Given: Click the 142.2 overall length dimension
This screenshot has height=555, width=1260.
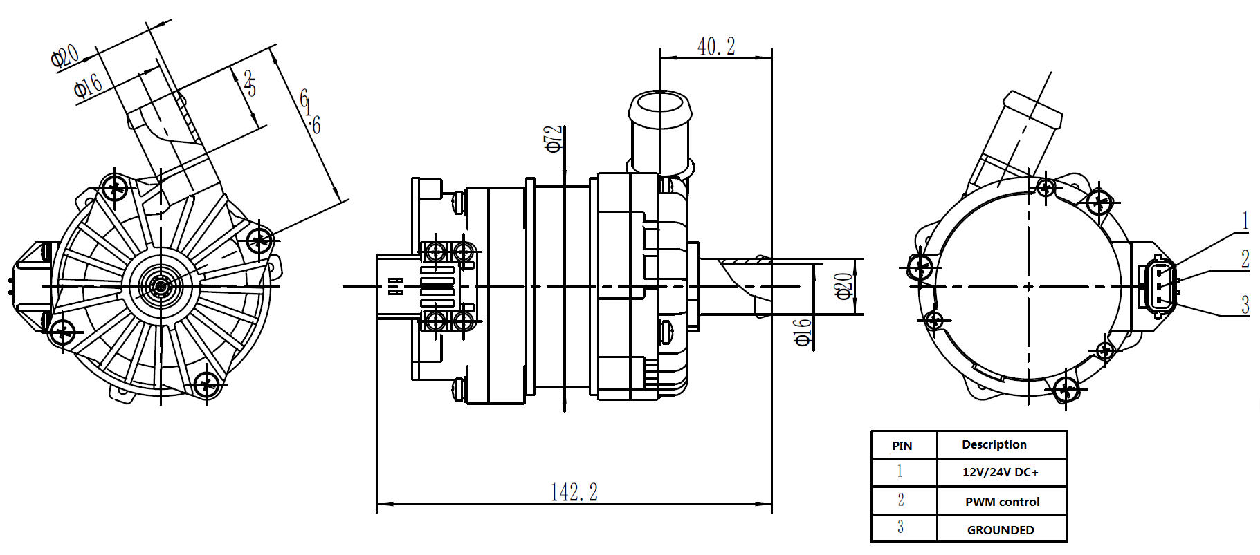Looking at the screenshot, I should tap(574, 492).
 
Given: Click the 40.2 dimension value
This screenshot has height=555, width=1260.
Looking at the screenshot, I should tap(716, 47).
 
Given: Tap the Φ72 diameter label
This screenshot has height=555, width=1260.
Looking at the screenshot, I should tap(553, 138).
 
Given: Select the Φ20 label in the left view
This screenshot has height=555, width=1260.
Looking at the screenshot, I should tap(65, 56).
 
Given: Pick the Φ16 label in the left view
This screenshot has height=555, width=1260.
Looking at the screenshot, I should tap(88, 86).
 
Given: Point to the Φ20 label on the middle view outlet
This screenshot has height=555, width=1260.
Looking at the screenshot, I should tap(843, 286).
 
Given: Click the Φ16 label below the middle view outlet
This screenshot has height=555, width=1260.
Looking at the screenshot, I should tap(803, 332).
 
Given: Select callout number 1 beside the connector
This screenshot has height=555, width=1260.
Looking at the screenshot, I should tap(1245, 221).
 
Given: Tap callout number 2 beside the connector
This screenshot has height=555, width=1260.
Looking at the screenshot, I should tap(1245, 259).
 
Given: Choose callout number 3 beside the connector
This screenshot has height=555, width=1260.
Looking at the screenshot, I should tap(1245, 305).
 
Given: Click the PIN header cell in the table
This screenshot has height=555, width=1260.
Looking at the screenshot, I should tap(902, 446).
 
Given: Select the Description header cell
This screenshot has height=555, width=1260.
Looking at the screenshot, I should tap(994, 444).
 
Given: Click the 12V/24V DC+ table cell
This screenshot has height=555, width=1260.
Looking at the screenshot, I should tap(1001, 473).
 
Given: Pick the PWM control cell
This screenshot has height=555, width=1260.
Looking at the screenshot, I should tap(1002, 502).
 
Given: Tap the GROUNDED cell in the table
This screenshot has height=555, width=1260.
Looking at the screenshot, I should tap(1001, 530).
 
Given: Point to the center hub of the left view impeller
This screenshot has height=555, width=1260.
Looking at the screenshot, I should tap(161, 285).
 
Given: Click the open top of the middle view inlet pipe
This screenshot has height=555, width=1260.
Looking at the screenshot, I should tap(660, 104).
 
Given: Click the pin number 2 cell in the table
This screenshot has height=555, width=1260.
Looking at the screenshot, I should tap(900, 500).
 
